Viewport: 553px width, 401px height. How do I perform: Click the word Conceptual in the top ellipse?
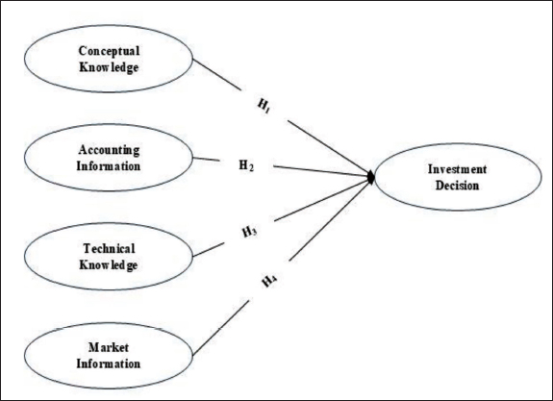pyautogui.click(x=109, y=52)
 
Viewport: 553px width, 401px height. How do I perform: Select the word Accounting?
pyautogui.click(x=109, y=150)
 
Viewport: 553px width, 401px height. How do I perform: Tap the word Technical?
pyautogui.click(x=109, y=249)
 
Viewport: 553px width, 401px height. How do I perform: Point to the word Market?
pyautogui.click(x=109, y=347)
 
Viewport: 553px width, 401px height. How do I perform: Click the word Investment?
pyautogui.click(x=458, y=169)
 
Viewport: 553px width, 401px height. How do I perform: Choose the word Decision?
pyautogui.click(x=458, y=186)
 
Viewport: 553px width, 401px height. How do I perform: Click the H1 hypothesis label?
pyautogui.click(x=264, y=106)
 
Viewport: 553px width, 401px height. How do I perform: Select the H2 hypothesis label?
pyautogui.click(x=246, y=165)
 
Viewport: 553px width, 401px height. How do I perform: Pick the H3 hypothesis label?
pyautogui.click(x=249, y=232)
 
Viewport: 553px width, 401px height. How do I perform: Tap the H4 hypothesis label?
pyautogui.click(x=269, y=282)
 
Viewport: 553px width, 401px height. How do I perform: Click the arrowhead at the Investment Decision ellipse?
pyautogui.click(x=371, y=177)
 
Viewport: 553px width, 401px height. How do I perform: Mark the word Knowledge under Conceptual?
pyautogui.click(x=109, y=67)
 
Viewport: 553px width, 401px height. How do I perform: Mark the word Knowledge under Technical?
pyautogui.click(x=109, y=264)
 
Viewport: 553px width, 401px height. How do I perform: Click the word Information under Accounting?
pyautogui.click(x=109, y=166)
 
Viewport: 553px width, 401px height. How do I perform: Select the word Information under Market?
pyautogui.click(x=109, y=363)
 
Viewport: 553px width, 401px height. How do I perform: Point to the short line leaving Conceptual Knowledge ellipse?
pyautogui.click(x=217, y=74)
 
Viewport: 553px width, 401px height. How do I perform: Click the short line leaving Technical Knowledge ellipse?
pyautogui.click(x=209, y=250)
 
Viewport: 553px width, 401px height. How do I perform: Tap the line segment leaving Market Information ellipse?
pyautogui.click(x=221, y=328)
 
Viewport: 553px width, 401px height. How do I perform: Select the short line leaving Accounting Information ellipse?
pyautogui.click(x=207, y=159)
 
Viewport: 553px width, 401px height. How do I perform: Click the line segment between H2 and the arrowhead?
pyautogui.click(x=320, y=171)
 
